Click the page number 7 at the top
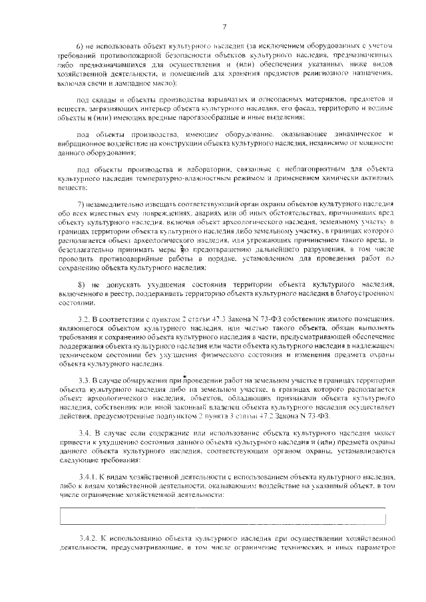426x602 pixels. (224, 26)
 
